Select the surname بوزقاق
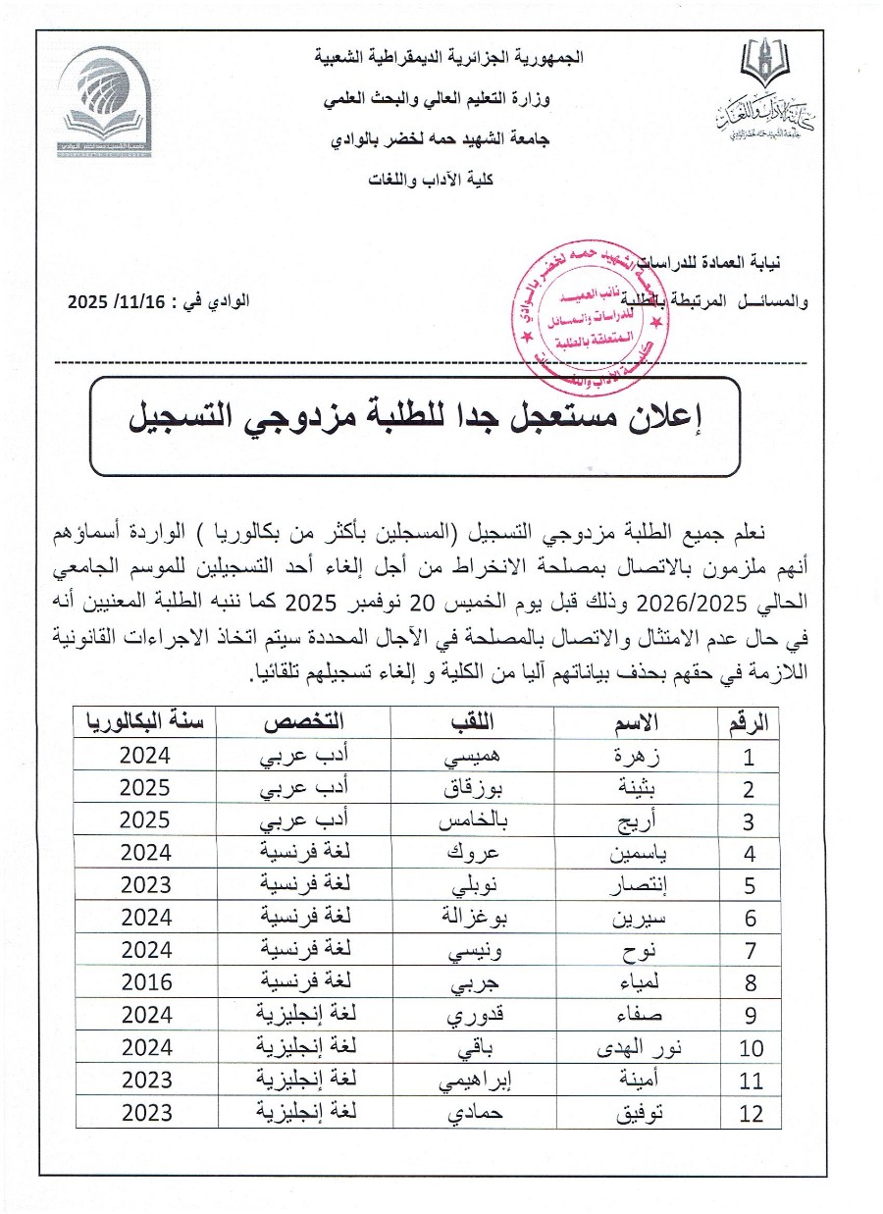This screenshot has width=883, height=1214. coord(472,789)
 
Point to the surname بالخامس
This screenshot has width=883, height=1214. coord(472,821)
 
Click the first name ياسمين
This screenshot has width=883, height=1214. coord(638,854)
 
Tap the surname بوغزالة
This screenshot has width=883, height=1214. coord(472,919)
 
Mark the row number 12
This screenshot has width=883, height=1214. coord(751,1113)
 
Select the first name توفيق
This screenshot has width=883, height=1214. coord(638,1113)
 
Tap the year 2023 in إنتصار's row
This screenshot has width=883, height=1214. coord(146,886)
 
